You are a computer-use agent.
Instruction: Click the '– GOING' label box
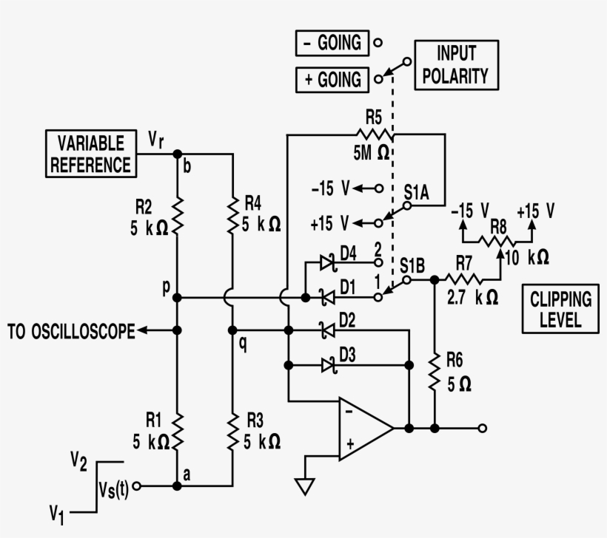coord(330,43)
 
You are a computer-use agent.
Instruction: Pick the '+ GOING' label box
coord(330,79)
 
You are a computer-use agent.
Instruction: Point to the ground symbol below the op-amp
coord(304,486)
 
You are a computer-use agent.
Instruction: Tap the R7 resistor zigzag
coord(463,279)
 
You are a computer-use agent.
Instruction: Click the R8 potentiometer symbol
coord(497,240)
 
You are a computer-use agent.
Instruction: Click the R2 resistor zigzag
coord(177,216)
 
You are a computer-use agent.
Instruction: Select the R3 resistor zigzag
coord(232,432)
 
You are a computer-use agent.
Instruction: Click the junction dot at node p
coord(177,298)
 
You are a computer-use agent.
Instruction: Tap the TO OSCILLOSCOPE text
coord(72,332)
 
